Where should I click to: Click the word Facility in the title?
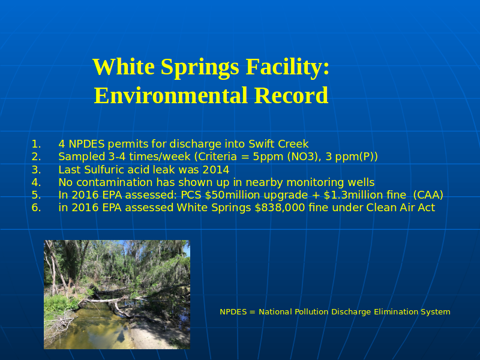pos(287,67)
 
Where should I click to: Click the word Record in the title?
pos(291,95)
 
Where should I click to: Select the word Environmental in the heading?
pos(170,95)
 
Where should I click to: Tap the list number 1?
pos(36,144)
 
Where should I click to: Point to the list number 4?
pos(36,182)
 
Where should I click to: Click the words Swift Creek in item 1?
pos(278,144)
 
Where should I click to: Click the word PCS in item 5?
pos(191,195)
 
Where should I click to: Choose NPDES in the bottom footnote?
pos(233,312)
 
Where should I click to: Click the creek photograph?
pos(117,295)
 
